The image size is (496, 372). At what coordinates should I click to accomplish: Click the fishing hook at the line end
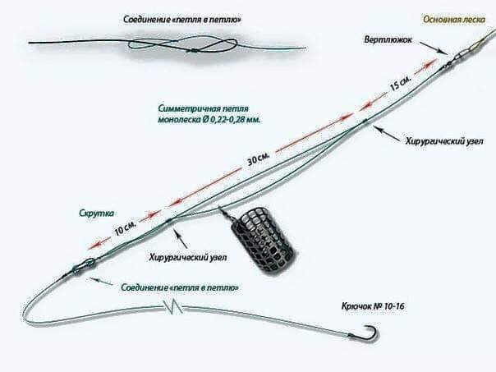370,333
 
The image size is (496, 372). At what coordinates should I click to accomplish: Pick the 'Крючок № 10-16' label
374,305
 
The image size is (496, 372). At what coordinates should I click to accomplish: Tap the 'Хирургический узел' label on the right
439,140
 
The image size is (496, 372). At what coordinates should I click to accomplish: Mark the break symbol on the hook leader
172,308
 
